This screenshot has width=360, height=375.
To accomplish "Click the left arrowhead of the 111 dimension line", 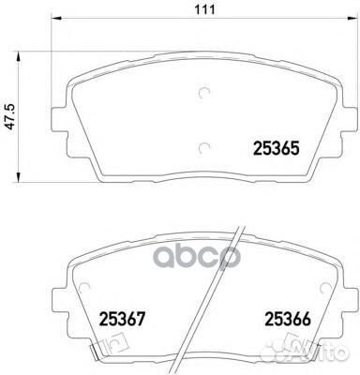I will click(x=52, y=24).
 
